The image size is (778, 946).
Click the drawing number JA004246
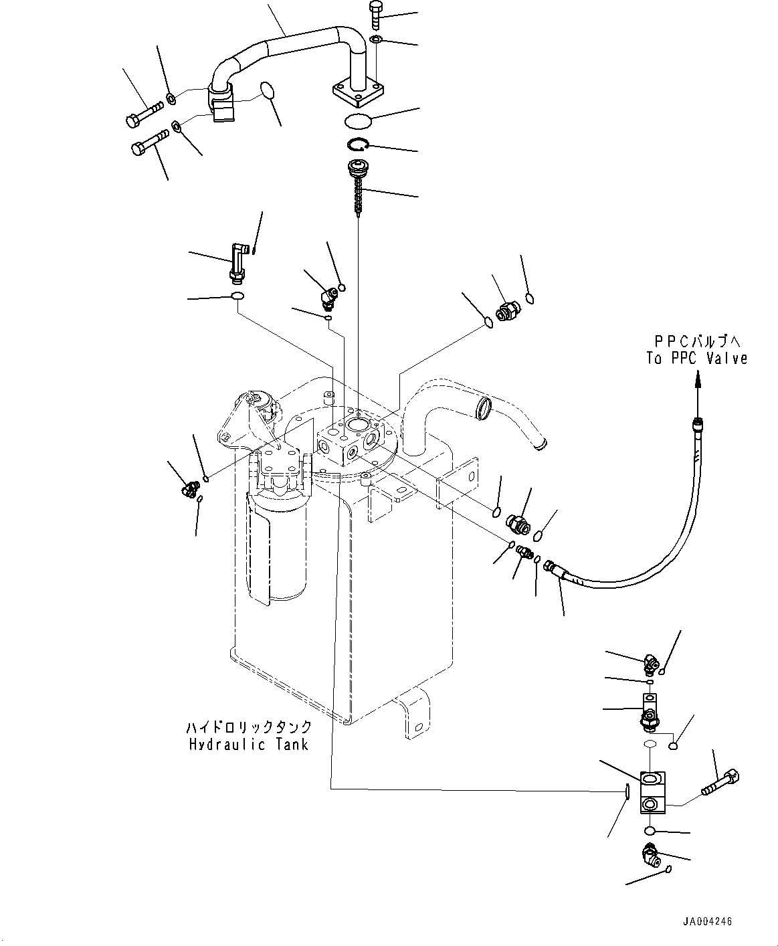pyautogui.click(x=707, y=921)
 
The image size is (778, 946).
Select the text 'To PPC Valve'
pyautogui.click(x=696, y=359)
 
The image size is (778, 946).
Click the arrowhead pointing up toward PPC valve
pyautogui.click(x=697, y=379)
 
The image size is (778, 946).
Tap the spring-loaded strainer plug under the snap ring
pyautogui.click(x=357, y=180)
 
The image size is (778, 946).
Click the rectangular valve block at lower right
pyautogui.click(x=652, y=793)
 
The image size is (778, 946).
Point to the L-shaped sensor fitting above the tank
pyautogui.click(x=237, y=262)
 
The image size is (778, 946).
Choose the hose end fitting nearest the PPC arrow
pyautogui.click(x=697, y=423)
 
